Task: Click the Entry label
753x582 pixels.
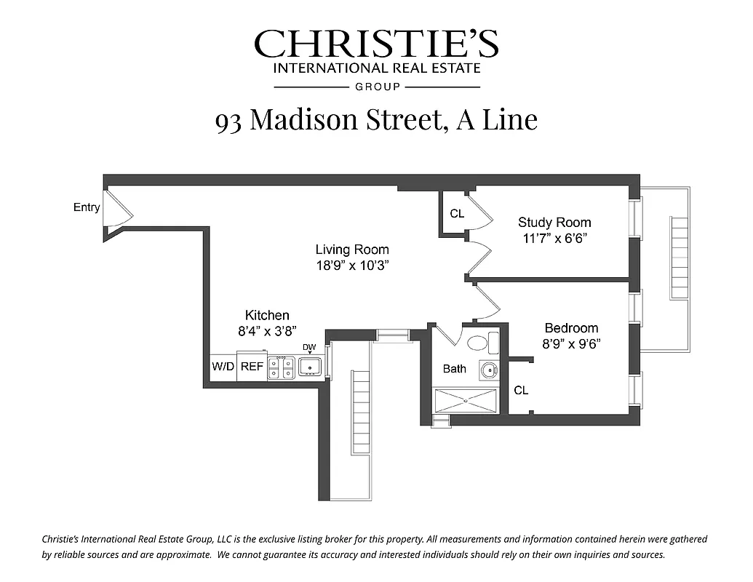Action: pyautogui.click(x=87, y=207)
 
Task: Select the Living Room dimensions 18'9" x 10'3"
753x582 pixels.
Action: pyautogui.click(x=352, y=266)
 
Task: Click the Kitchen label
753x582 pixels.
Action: pyautogui.click(x=267, y=315)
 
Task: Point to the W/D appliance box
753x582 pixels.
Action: pyautogui.click(x=223, y=367)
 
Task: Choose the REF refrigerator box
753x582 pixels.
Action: pyautogui.click(x=252, y=367)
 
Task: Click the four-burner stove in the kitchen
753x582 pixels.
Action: pyautogui.click(x=281, y=368)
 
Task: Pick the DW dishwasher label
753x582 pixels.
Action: pyautogui.click(x=309, y=347)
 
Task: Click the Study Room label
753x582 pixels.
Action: pyautogui.click(x=554, y=222)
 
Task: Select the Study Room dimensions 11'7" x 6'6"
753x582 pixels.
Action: pyautogui.click(x=554, y=239)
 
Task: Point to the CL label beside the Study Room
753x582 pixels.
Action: pyautogui.click(x=457, y=214)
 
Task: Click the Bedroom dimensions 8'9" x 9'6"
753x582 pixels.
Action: pyautogui.click(x=572, y=344)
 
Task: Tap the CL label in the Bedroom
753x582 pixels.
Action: pyautogui.click(x=521, y=391)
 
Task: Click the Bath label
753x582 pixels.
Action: pyautogui.click(x=455, y=369)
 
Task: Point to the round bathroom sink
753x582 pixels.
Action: pyautogui.click(x=487, y=370)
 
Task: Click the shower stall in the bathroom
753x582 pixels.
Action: pyautogui.click(x=466, y=400)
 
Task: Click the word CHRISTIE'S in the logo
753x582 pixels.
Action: pyautogui.click(x=376, y=44)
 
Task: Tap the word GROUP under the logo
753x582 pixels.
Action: pyautogui.click(x=377, y=87)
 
